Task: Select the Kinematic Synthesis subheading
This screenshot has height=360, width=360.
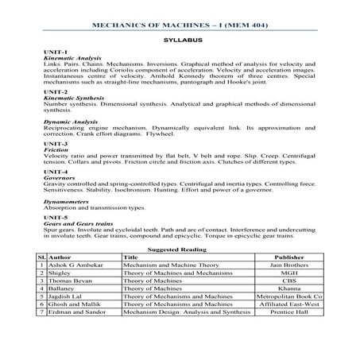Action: (x=70, y=98)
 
